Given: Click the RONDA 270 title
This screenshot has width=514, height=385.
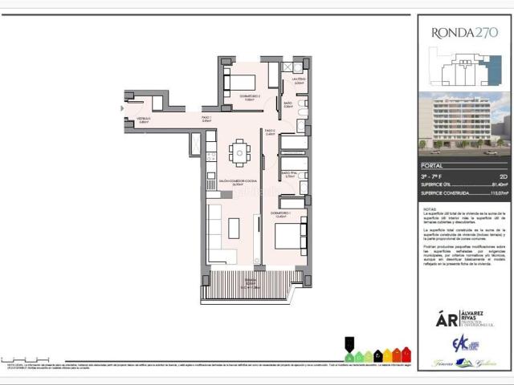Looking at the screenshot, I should coord(464,33).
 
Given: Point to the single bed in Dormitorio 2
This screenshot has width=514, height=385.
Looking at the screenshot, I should coord(240,83).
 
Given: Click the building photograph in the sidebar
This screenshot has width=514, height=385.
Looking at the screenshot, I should coord(464,121).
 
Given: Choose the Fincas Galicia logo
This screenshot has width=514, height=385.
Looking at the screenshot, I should coord(465,363).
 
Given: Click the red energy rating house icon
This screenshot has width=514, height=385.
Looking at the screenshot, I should coord(406,354).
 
